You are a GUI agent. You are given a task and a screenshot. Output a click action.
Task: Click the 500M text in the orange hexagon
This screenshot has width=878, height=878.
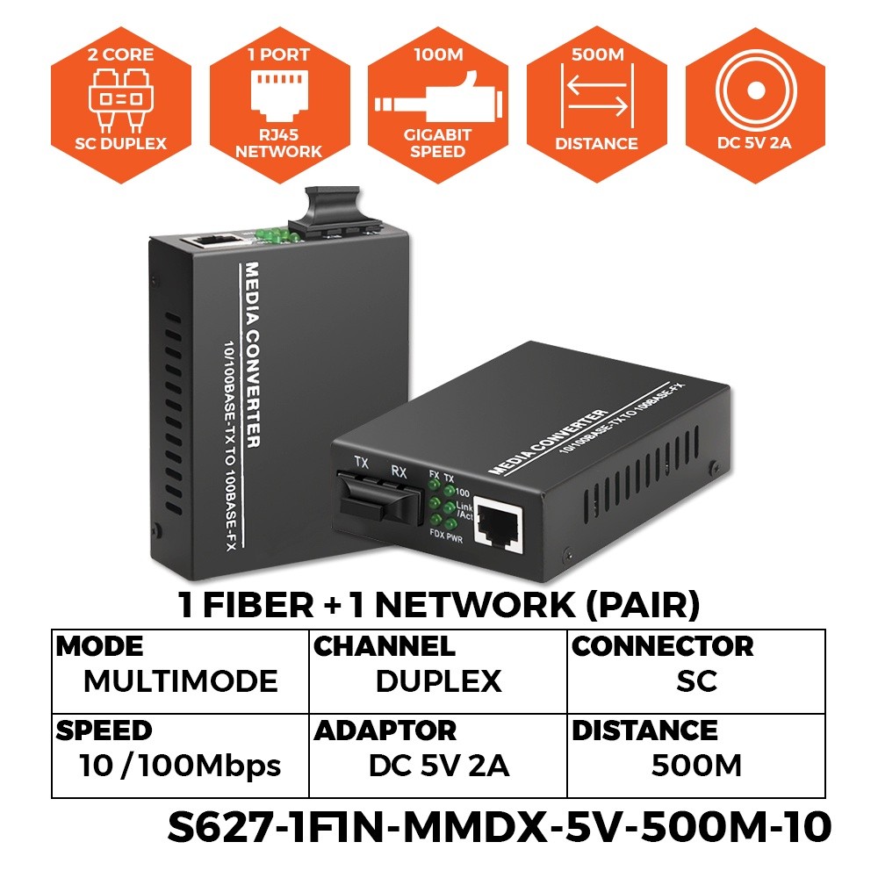tap(597, 55)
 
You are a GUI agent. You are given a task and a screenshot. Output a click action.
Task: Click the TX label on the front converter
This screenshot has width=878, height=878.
tap(361, 460)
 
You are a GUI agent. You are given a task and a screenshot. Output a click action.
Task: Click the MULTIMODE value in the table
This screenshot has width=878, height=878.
tap(180, 681)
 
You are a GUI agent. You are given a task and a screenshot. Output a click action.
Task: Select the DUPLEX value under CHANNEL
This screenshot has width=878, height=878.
tap(438, 681)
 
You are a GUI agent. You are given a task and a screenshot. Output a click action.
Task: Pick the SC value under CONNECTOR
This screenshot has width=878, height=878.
tap(696, 681)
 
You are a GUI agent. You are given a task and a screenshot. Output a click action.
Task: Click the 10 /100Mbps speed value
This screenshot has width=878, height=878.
tap(180, 766)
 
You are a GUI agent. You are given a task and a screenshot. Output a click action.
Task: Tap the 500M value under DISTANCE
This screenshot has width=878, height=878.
tap(696, 766)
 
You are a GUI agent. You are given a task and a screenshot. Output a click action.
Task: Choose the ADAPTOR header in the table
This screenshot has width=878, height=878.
tap(385, 730)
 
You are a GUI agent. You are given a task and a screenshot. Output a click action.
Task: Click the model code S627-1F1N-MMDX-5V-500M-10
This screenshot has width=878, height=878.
tap(498, 827)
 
